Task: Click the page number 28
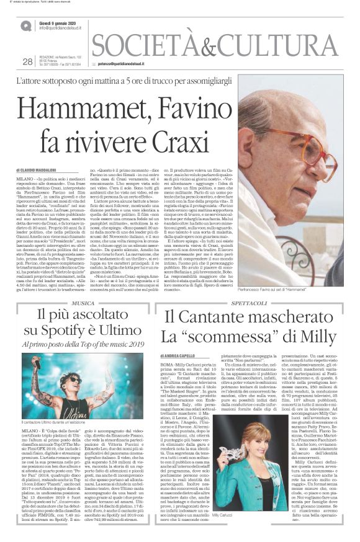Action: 27,61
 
